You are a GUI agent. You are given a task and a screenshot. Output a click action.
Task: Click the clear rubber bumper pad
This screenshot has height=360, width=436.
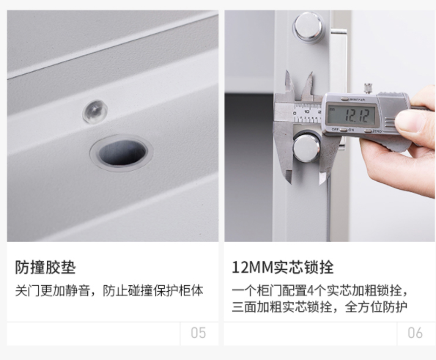tap(95, 111)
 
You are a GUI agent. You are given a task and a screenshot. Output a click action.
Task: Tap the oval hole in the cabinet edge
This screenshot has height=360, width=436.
tap(122, 153)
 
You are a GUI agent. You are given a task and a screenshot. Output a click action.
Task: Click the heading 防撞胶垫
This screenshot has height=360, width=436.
tap(45, 268)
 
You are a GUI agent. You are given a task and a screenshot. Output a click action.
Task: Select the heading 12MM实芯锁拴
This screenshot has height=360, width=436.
tap(283, 268)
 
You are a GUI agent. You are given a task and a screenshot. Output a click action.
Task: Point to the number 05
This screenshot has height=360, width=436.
tap(199, 333)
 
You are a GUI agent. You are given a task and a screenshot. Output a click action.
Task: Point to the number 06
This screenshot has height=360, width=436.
tap(415, 333)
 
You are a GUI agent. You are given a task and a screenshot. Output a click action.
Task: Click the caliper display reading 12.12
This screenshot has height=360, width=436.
tap(357, 115)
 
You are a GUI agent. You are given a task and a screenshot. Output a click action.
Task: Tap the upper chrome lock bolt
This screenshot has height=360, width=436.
tap(308, 27)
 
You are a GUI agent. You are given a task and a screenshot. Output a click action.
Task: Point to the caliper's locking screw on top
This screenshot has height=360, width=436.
tap(368, 88)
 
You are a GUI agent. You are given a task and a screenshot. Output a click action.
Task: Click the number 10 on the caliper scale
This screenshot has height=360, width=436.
tap(306, 112)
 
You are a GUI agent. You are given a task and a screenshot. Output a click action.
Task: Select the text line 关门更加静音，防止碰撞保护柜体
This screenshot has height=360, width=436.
tap(109, 291)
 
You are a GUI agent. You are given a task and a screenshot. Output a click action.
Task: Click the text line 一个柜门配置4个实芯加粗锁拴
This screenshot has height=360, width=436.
tap(320, 291)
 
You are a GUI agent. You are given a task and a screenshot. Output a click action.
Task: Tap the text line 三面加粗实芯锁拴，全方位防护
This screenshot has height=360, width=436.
tap(319, 307)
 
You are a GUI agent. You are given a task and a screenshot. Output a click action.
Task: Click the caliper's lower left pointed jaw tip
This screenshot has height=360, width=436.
tap(291, 183)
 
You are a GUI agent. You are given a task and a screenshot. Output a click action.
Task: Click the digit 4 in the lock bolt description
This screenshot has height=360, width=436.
tap(311, 291)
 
